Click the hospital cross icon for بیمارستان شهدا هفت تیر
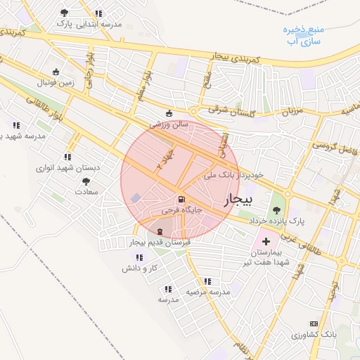point(265,241)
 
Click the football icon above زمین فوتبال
point(56,72)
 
